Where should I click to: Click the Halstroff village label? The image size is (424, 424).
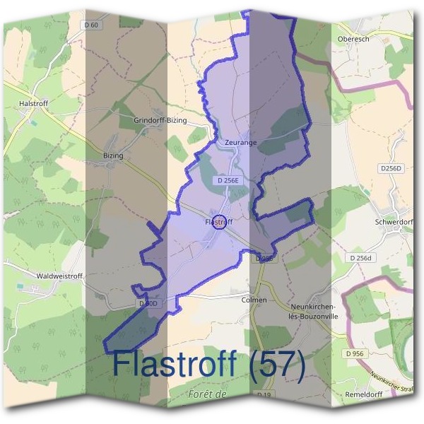(x=34, y=103)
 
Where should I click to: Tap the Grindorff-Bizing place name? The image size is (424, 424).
(x=160, y=121)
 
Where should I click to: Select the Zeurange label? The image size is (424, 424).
(x=240, y=142)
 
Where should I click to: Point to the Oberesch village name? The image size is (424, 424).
(x=354, y=40)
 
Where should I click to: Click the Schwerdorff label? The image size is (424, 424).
(x=394, y=221)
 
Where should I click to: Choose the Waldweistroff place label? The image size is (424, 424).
(x=59, y=276)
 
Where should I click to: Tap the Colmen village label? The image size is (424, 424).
(x=254, y=300)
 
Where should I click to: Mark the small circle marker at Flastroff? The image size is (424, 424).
(x=220, y=222)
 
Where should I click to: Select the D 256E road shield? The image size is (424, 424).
(x=230, y=181)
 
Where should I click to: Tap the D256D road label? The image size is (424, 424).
(x=390, y=168)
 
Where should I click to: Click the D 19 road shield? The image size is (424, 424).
(x=264, y=394)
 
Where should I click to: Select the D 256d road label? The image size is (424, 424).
(x=361, y=259)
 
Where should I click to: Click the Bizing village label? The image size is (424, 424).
(x=113, y=155)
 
